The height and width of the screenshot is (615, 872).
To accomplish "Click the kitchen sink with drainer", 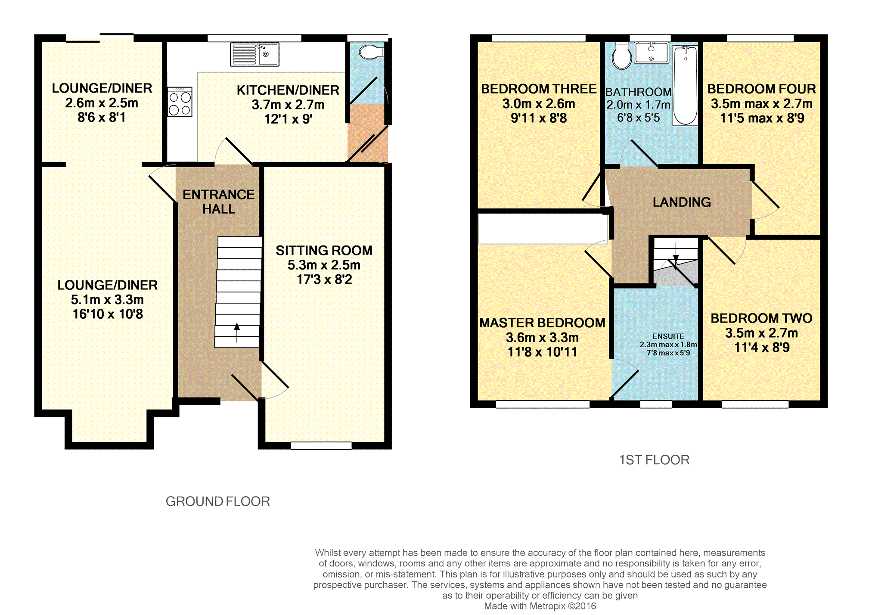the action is [x=254, y=54].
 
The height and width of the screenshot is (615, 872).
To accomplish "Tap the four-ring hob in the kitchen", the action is [x=180, y=102].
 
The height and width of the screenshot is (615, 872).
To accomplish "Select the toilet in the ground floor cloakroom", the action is [x=371, y=52].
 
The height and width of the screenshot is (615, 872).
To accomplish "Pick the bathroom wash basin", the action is [x=652, y=53].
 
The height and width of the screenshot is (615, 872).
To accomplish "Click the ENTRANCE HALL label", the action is [x=219, y=202].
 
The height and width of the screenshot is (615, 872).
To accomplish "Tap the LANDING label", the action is [x=682, y=202].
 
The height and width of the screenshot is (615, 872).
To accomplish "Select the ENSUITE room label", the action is [x=668, y=336].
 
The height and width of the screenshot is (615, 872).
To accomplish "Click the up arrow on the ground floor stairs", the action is [x=237, y=333].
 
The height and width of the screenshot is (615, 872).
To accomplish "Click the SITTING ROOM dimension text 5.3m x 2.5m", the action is [x=324, y=265].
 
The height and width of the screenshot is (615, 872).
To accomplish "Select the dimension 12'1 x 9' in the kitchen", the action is [x=288, y=119].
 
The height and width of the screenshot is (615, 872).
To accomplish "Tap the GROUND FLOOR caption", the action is [x=218, y=501].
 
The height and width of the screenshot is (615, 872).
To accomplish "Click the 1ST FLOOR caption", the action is [x=654, y=460].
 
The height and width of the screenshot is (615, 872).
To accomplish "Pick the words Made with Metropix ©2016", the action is [x=540, y=606].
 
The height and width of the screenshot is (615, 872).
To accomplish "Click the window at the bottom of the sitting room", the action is [x=321, y=446].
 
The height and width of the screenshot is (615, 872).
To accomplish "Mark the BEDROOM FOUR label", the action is [x=762, y=89].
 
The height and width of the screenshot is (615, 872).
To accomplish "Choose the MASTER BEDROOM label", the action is [x=542, y=323].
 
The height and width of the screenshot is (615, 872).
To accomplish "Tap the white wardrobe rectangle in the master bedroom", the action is [x=543, y=229].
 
